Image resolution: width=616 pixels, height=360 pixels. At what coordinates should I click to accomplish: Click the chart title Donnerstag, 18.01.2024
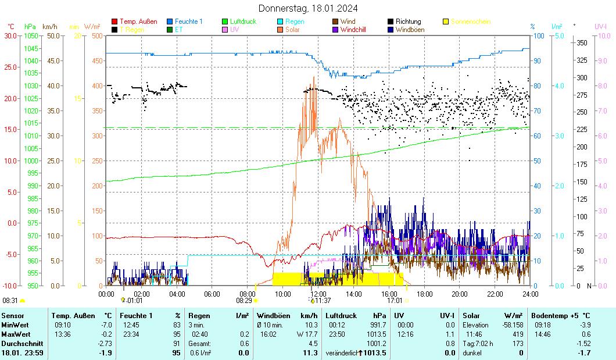[308, 8]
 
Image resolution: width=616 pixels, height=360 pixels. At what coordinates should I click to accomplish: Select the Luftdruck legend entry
[242, 22]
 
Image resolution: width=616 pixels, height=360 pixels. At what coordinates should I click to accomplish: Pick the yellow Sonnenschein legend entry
[470, 22]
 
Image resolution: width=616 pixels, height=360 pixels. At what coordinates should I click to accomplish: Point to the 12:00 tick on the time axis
[318, 294]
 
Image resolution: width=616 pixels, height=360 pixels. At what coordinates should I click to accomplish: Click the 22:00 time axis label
[495, 294]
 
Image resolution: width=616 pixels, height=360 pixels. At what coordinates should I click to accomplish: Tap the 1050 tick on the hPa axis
[31, 35]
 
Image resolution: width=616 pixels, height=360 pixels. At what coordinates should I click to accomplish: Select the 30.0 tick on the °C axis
[10, 35]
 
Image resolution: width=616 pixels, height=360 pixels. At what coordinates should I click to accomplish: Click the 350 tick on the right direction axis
[581, 42]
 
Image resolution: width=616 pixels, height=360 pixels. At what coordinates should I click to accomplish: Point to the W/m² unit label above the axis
[92, 27]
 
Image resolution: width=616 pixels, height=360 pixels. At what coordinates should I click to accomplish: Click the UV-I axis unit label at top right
[601, 27]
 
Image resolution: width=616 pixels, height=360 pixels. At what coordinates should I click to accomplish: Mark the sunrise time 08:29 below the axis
[243, 301]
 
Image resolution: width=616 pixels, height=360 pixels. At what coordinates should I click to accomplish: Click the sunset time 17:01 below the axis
[395, 301]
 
